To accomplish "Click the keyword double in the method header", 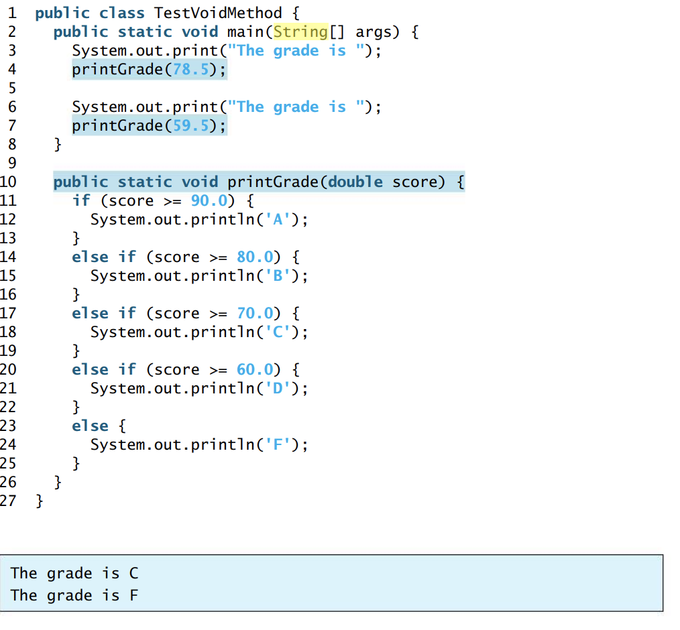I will (355, 182).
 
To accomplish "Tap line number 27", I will (8, 501).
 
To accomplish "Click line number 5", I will (12, 88).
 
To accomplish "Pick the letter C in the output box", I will (133, 573).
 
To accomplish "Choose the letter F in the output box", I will (133, 595).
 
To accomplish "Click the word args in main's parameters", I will (374, 31).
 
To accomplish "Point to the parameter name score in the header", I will (414, 182).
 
